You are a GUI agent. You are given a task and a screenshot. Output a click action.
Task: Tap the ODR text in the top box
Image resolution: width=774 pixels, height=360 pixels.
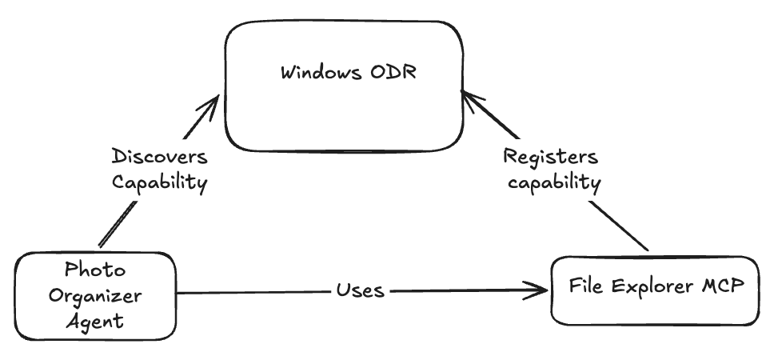pyautogui.click(x=393, y=72)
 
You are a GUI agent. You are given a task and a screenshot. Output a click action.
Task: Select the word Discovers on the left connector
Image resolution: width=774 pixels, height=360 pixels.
pyautogui.click(x=159, y=157)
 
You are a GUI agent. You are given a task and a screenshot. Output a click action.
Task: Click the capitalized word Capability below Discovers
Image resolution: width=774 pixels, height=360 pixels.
pyautogui.click(x=159, y=182)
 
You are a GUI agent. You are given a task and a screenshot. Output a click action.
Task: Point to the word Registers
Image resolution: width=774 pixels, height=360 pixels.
pyautogui.click(x=551, y=157)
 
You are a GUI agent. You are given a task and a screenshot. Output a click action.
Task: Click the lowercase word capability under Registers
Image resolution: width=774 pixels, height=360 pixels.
pyautogui.click(x=554, y=183)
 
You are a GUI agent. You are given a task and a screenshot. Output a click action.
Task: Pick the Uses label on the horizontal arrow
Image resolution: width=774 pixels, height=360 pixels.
pyautogui.click(x=361, y=290)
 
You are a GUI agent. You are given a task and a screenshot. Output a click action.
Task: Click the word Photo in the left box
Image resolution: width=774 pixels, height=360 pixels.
pyautogui.click(x=95, y=270)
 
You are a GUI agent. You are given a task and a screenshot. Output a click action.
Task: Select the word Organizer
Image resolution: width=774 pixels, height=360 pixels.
pyautogui.click(x=95, y=296)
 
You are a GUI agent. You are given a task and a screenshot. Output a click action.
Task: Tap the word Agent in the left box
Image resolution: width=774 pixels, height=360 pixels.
pyautogui.click(x=95, y=322)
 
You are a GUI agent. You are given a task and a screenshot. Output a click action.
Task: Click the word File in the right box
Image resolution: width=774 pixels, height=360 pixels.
pyautogui.click(x=586, y=286)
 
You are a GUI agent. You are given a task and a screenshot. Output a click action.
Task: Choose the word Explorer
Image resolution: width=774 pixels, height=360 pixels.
pyautogui.click(x=652, y=286)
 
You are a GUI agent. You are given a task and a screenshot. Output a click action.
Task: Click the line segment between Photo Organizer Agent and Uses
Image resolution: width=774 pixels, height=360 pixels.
pyautogui.click(x=253, y=292)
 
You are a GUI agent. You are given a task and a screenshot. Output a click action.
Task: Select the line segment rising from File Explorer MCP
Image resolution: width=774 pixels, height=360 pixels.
pyautogui.click(x=619, y=226)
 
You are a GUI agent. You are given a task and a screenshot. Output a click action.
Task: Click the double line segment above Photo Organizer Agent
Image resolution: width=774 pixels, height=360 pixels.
pyautogui.click(x=118, y=224)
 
